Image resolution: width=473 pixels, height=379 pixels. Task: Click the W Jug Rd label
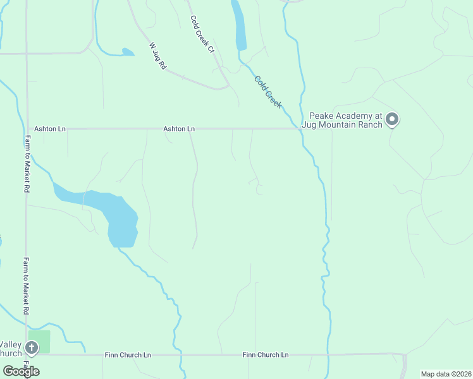[x=158, y=56]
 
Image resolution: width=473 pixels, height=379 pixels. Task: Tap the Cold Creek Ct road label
[x=203, y=34]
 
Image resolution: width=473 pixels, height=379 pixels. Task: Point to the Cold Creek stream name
[x=268, y=92]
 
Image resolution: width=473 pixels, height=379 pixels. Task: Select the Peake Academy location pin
[x=392, y=118]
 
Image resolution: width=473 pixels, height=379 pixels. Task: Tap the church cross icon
[x=29, y=347]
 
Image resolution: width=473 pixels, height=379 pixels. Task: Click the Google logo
[x=21, y=371]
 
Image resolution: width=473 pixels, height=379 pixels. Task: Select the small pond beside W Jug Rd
[x=128, y=52]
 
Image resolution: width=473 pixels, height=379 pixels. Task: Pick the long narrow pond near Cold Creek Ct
[x=240, y=27]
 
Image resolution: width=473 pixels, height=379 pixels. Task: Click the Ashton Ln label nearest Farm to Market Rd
[x=50, y=129]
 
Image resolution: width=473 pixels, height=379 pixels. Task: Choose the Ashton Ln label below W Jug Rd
[x=179, y=129]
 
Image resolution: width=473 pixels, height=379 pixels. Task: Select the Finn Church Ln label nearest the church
[x=128, y=355]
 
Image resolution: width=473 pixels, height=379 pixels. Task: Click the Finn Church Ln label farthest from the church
[x=266, y=355]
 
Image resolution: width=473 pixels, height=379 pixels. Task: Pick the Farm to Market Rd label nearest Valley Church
[x=27, y=285]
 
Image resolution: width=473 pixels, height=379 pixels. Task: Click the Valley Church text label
[x=11, y=349]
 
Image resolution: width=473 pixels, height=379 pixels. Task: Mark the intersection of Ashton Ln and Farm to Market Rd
[x=27, y=129]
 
